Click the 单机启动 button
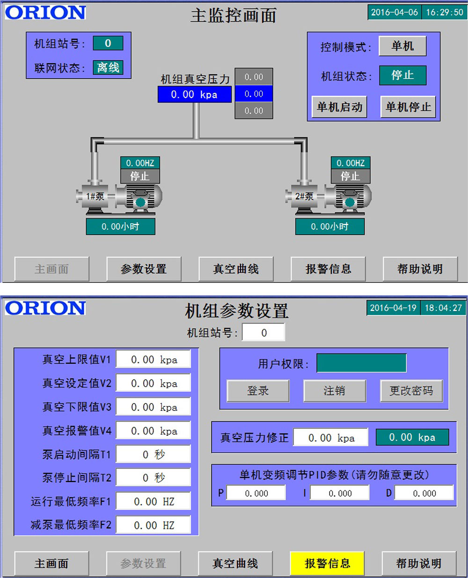pos(339,107)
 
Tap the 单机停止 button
pos(408,107)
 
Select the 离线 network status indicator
pos(108,67)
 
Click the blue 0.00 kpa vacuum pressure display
pos(195,95)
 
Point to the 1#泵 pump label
pos(95,196)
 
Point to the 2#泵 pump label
pos(304,196)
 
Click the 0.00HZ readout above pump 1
pos(140,163)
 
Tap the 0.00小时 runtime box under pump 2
pos(330,227)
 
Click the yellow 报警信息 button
pos(327,563)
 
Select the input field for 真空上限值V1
pos(154,359)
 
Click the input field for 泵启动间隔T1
pos(154,454)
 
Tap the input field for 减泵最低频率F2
pos(154,526)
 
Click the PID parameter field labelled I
pos(340,493)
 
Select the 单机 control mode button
pos(402,46)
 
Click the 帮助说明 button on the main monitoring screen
pos(420,269)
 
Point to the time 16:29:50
pos(445,12)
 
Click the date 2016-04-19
pos(393,308)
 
